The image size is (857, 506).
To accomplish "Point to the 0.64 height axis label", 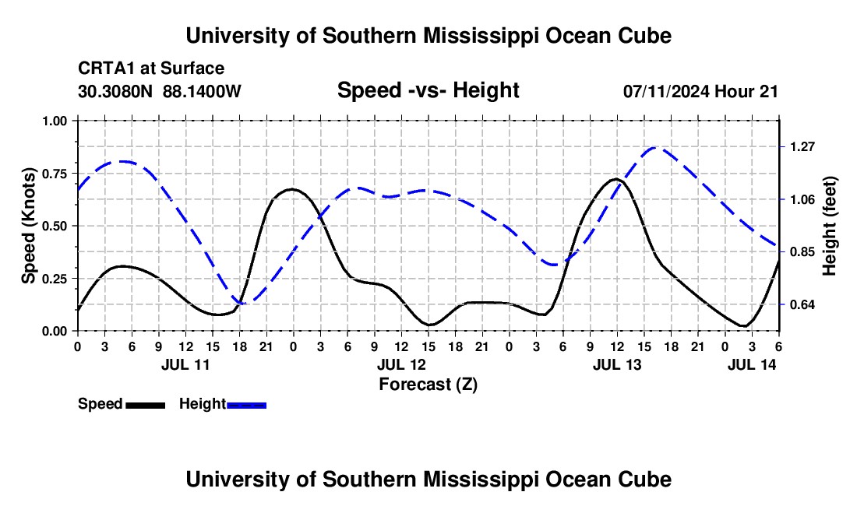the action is (802, 304).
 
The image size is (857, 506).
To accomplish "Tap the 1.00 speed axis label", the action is (54, 121).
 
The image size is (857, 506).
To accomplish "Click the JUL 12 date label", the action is (401, 364).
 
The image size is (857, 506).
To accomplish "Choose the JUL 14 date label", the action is (752, 364).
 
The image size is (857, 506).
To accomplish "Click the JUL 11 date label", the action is (185, 364).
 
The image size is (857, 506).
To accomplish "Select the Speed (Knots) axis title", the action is (28, 226).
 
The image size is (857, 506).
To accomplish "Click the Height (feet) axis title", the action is (830, 226).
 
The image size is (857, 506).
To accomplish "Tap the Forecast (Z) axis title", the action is (428, 385).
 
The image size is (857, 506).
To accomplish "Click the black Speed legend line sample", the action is (146, 405).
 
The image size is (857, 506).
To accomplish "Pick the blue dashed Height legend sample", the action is (246, 405).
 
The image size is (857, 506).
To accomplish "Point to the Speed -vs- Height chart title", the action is (428, 90).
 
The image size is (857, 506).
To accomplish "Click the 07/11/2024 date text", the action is (666, 91).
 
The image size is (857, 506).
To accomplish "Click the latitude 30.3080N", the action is (115, 91).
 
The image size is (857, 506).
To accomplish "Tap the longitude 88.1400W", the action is (202, 91).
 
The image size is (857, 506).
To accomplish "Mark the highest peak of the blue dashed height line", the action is (655, 147).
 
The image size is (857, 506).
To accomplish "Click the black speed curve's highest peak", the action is (616, 178).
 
